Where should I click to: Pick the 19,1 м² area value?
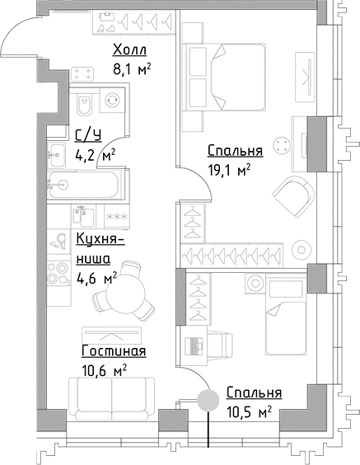[228, 170]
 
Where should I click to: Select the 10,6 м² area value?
[103, 371]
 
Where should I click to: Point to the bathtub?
[82, 185]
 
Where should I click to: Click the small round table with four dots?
[283, 146]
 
